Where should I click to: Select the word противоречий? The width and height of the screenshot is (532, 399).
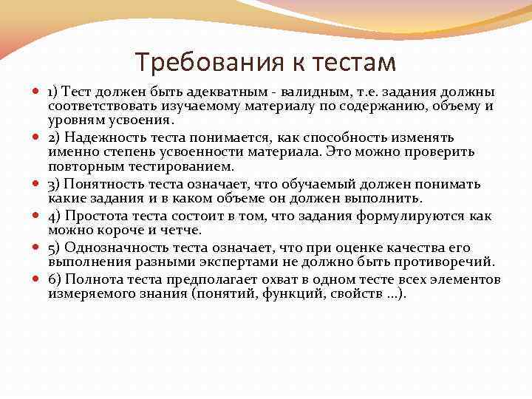click(446, 262)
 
